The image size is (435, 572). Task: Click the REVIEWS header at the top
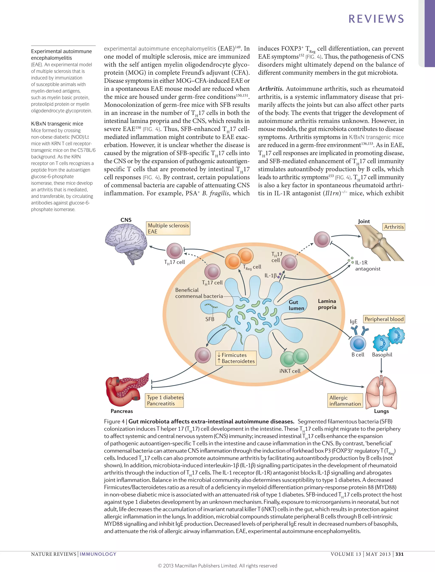point(376,19)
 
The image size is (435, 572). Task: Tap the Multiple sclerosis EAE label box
point(168,228)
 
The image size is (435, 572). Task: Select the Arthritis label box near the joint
point(394,227)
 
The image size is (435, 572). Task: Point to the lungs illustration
point(381,392)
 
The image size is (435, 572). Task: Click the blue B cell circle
point(358,344)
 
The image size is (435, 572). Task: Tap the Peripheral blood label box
point(384,319)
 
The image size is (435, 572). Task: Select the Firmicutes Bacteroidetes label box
point(236,358)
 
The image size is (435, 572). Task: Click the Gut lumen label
point(296,305)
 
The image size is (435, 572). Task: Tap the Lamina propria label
point(327,304)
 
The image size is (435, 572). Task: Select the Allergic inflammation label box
point(345,401)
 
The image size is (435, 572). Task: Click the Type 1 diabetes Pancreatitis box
point(165,400)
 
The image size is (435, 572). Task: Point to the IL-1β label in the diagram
point(270,275)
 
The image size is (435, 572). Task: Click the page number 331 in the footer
point(399,554)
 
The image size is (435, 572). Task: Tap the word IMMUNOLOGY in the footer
point(98,554)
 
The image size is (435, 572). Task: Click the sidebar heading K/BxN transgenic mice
point(57,124)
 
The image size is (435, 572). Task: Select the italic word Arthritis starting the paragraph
point(270,89)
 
